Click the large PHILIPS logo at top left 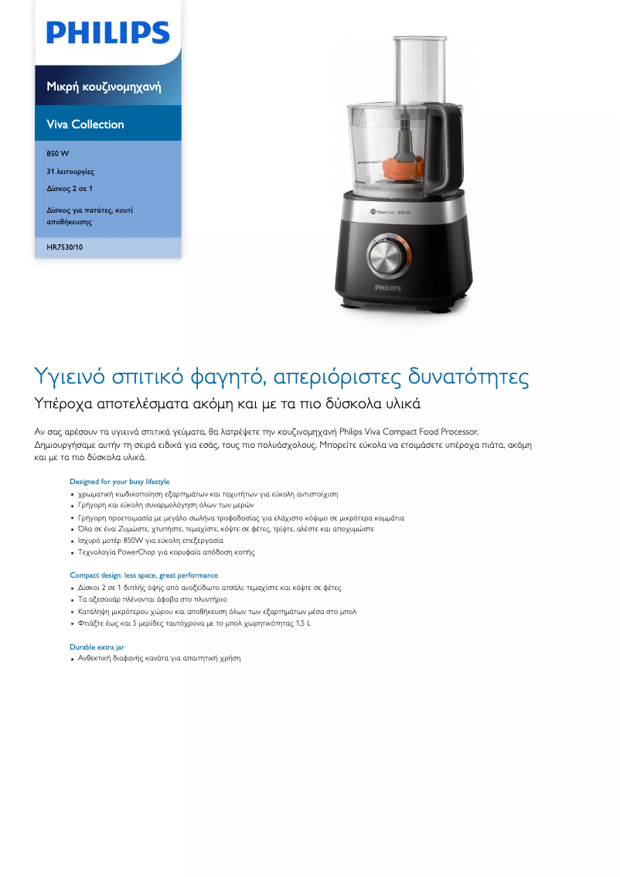pos(107,32)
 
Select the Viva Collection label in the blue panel pos(85,124)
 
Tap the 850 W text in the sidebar pos(58,153)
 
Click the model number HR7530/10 pos(64,247)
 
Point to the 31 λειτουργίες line pos(70,171)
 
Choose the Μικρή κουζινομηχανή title pos(104,86)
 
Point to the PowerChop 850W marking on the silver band pos(390,211)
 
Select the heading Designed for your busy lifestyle pos(119,482)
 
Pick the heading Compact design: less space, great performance pos(144,575)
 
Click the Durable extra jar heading pos(97,647)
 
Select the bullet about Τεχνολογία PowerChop pos(165,552)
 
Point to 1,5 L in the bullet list pos(303,623)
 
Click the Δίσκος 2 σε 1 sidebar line pos(70,188)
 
